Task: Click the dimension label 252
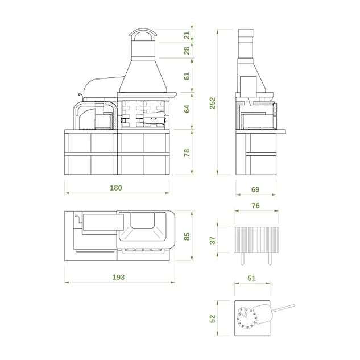213,103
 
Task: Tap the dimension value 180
116,188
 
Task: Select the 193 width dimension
118,277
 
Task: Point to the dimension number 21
187,35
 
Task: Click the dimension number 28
187,51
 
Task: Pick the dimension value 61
187,76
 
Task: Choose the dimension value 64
187,109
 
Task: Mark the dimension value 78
187,152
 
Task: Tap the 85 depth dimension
187,236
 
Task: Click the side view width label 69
255,189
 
